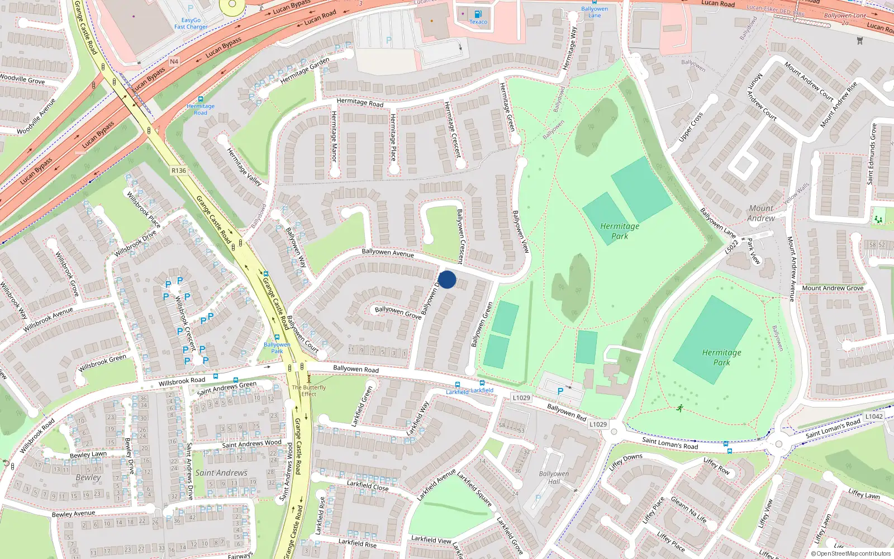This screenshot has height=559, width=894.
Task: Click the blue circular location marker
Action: click(447, 279)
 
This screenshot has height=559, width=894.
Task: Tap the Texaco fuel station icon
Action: click(478, 14)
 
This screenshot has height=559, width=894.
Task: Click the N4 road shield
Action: click(174, 61)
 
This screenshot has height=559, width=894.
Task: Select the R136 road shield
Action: click(179, 170)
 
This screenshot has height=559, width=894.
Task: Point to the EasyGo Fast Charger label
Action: click(191, 23)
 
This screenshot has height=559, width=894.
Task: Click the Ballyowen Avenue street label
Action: click(388, 253)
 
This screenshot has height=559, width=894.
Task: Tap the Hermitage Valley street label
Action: click(244, 167)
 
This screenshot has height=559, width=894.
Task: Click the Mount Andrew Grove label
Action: click(833, 288)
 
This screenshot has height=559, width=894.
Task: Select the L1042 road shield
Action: click(874, 416)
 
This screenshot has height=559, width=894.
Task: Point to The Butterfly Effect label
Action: click(309, 390)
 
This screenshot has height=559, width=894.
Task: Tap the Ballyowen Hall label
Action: click(554, 477)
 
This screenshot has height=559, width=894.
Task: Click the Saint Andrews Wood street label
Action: click(251, 444)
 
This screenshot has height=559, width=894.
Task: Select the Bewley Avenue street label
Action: click(73, 514)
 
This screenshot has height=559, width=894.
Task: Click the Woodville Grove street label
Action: click(22, 79)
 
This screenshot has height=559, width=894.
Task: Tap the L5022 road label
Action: click(731, 247)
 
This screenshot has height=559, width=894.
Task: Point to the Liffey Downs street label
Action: click(626, 462)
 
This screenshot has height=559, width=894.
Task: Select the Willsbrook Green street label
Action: click(102, 363)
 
